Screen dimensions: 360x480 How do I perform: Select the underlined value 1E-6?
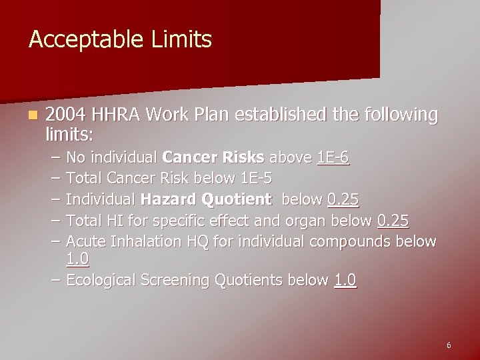coord(333,158)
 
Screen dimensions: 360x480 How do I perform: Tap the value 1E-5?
coord(255,179)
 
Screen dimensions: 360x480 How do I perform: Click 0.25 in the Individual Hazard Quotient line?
coord(343,199)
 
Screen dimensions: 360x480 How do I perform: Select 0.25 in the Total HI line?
coord(393,221)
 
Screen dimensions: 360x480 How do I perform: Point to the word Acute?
coord(85,241)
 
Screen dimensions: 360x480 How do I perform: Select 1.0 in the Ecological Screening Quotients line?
coord(345,281)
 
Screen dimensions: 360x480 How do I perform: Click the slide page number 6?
coord(449,345)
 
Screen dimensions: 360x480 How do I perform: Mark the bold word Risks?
coord(242,158)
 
